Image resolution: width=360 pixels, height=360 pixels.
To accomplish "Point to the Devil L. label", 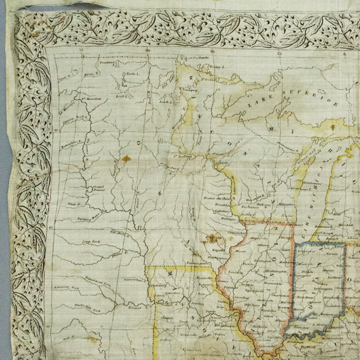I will pyautogui.click(x=121, y=96).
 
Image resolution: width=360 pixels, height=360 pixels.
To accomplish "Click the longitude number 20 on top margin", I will pyautogui.click(x=148, y=50).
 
